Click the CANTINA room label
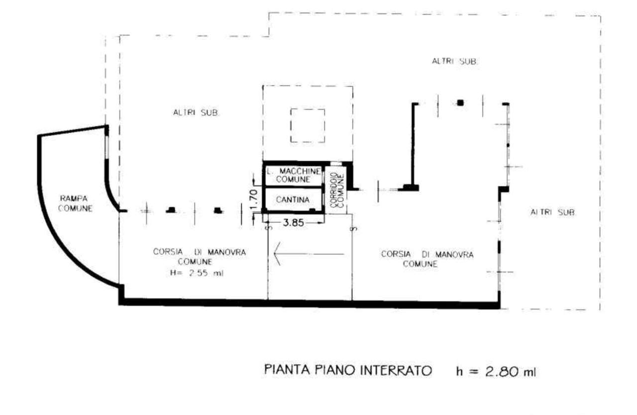(x=293, y=200)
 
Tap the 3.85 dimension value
(x=294, y=223)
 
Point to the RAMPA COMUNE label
(x=75, y=203)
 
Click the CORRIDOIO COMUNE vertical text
(x=337, y=190)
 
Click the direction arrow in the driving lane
(x=309, y=254)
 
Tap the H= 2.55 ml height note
(x=197, y=273)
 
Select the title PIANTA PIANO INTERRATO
(x=348, y=370)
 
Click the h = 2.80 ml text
(x=496, y=372)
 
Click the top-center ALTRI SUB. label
(x=455, y=61)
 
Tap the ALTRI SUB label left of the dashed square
(x=196, y=113)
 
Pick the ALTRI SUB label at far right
(x=552, y=212)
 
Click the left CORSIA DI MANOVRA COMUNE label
(x=200, y=257)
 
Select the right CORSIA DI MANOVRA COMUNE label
(x=427, y=259)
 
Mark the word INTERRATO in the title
(x=396, y=370)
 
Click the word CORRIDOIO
(x=333, y=190)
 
